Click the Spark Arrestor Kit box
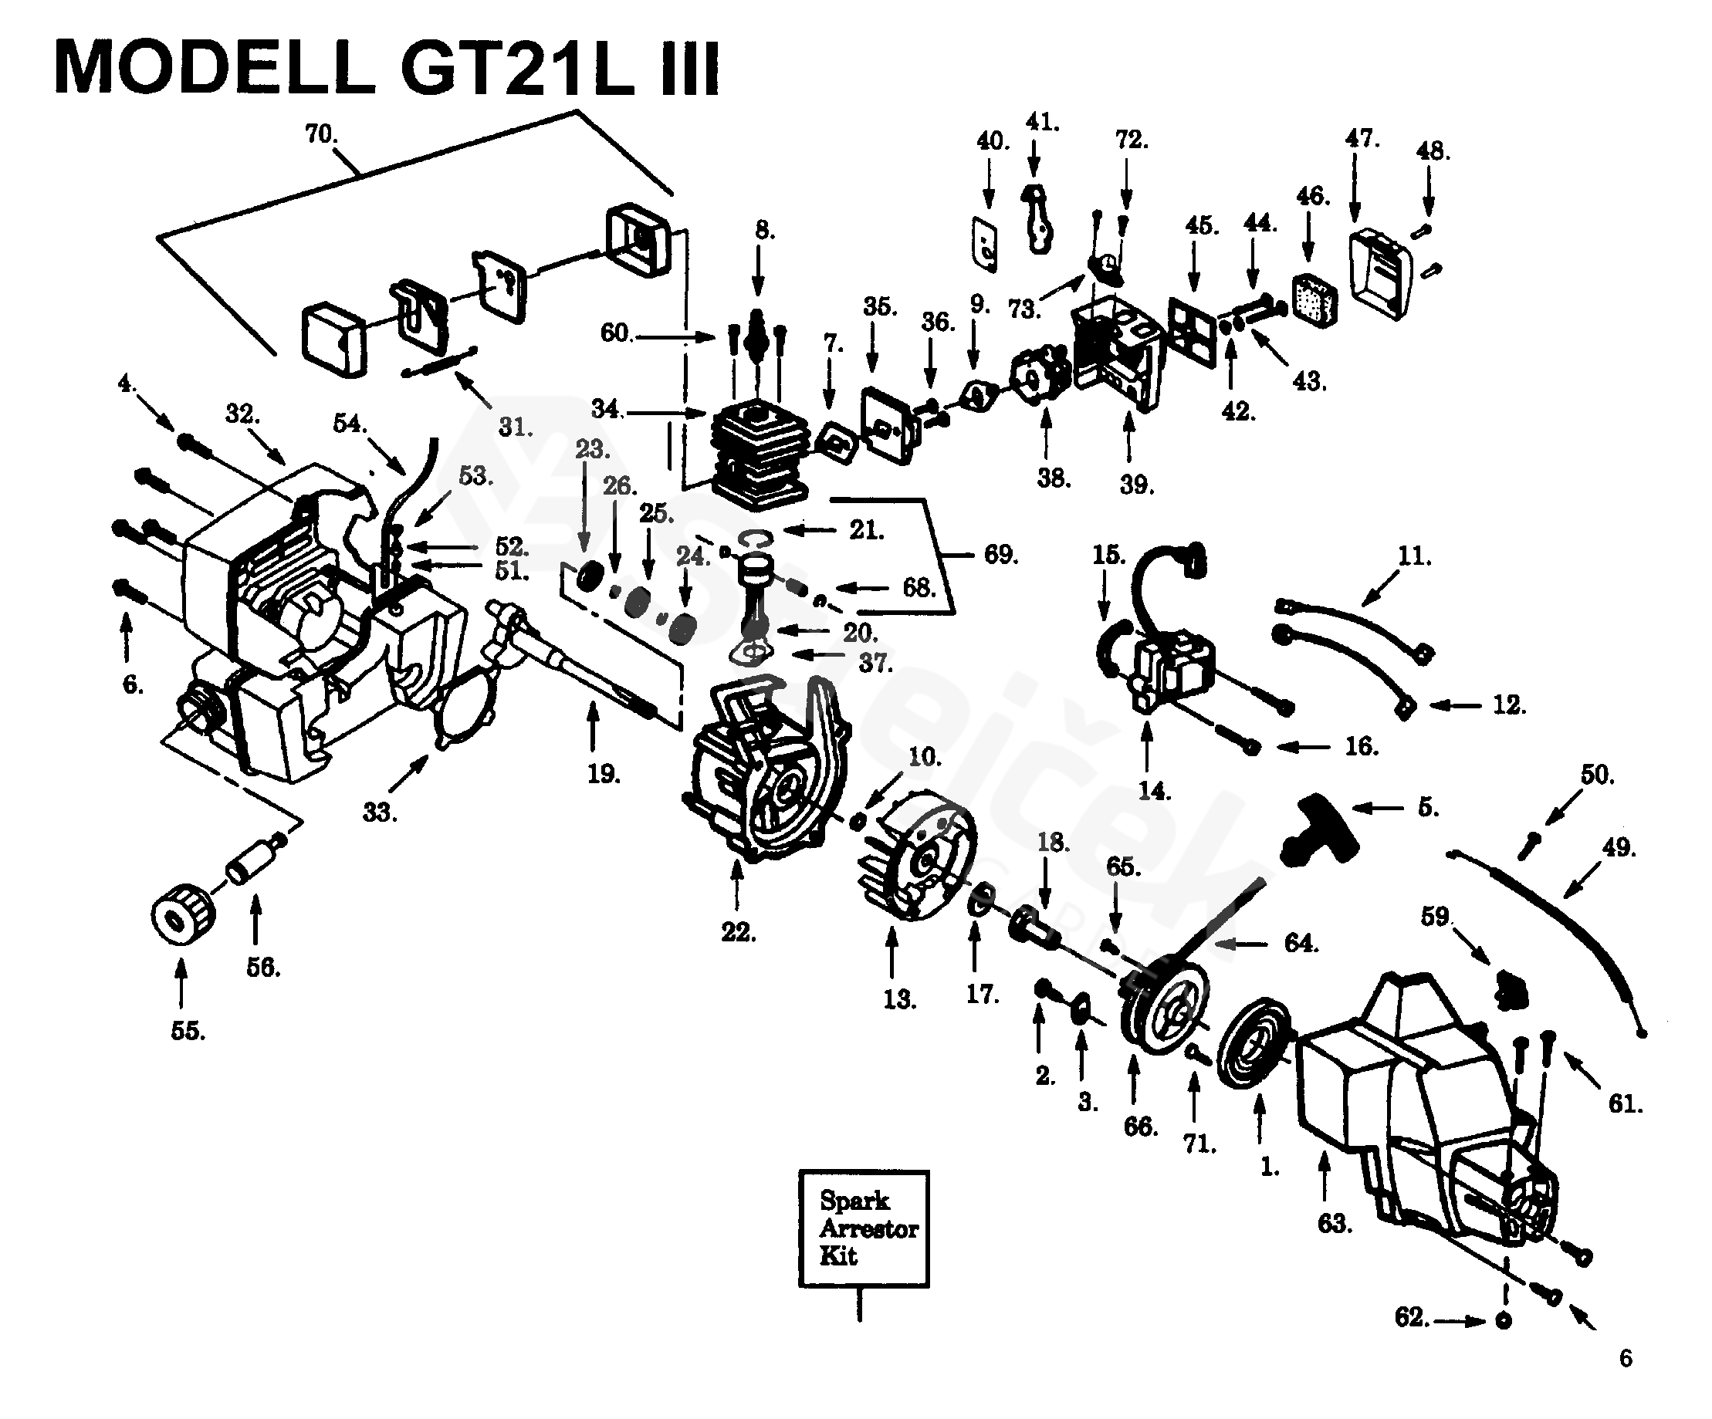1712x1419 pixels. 864,1228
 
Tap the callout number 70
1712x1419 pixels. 321,133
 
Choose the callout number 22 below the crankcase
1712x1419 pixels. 738,931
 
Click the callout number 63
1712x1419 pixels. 1335,1223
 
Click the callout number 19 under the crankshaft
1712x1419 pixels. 604,773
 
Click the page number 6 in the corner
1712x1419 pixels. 1626,1358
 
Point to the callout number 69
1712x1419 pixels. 1000,554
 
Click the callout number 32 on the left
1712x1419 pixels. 242,414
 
